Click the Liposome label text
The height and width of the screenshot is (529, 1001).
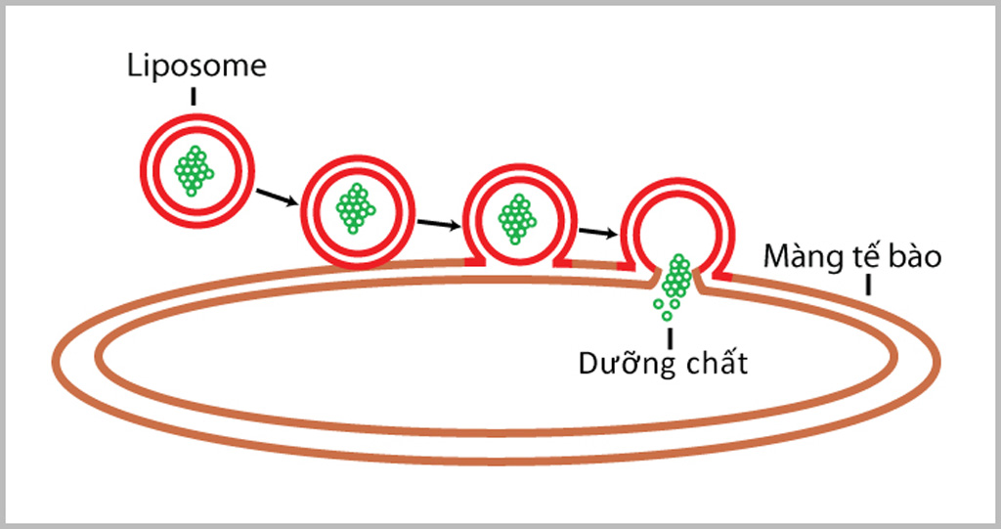196,66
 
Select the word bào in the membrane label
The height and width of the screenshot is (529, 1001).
914,258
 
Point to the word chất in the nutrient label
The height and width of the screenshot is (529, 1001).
716,365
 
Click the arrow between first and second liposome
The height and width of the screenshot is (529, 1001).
278,198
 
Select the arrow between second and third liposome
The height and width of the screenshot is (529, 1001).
439,224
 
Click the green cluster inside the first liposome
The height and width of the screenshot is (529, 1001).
194,170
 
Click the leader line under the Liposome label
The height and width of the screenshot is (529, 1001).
195,95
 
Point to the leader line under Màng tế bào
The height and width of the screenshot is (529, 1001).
867,286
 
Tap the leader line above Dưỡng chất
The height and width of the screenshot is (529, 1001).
671,337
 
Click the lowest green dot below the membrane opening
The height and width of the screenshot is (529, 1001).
667,316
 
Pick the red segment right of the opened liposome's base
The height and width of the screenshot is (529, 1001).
722,276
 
